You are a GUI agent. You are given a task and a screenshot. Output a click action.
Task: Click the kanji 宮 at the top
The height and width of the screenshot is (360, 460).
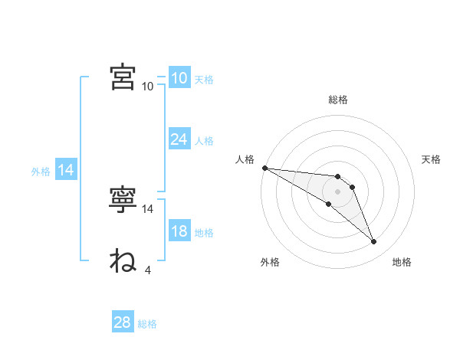pyautogui.click(x=123, y=77)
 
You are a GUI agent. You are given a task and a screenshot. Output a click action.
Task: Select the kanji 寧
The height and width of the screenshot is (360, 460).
pyautogui.click(x=123, y=199)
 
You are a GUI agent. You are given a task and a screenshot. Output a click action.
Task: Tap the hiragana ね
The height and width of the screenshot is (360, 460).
pyautogui.click(x=123, y=260)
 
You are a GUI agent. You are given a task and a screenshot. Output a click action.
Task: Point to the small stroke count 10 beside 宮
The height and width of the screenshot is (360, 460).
pyautogui.click(x=147, y=87)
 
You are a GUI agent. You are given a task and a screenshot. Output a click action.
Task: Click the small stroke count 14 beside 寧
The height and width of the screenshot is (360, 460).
pyautogui.click(x=147, y=209)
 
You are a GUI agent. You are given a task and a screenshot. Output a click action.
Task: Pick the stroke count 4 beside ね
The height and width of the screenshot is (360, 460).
pyautogui.click(x=148, y=270)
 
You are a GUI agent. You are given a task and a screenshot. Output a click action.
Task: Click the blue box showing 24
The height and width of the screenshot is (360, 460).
pyautogui.click(x=180, y=139)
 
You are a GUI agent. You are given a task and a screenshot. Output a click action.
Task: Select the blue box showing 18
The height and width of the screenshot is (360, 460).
pyautogui.click(x=180, y=230)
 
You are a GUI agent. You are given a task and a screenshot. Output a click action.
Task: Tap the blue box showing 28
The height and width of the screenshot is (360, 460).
pyautogui.click(x=123, y=321)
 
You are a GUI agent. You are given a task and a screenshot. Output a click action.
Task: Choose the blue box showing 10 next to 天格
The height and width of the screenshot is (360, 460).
pyautogui.click(x=180, y=77)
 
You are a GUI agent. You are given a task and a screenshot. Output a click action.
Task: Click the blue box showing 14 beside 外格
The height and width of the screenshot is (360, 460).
pyautogui.click(x=66, y=169)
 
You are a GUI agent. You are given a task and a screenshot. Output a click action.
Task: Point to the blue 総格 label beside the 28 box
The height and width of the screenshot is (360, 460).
pyautogui.click(x=147, y=324)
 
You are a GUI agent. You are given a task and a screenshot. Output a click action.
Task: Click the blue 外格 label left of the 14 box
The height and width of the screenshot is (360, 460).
pyautogui.click(x=41, y=172)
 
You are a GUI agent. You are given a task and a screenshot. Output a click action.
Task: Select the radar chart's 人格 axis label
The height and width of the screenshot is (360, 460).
pyautogui.click(x=245, y=159)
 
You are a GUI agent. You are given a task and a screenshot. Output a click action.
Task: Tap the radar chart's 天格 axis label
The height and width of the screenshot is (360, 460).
pyautogui.click(x=431, y=159)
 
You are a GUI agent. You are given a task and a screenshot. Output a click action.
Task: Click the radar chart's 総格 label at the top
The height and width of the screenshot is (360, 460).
pyautogui.click(x=338, y=100)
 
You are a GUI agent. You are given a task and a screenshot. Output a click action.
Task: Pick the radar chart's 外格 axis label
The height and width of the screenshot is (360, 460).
pyautogui.click(x=270, y=262)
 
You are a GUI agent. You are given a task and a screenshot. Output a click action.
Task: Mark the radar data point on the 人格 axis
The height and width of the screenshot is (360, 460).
pyautogui.click(x=265, y=168)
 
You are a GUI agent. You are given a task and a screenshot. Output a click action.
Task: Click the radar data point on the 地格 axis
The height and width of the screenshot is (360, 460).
pyautogui.click(x=374, y=242)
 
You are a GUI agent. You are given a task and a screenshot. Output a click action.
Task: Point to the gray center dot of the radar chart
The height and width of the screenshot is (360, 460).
pyautogui.click(x=337, y=192)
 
